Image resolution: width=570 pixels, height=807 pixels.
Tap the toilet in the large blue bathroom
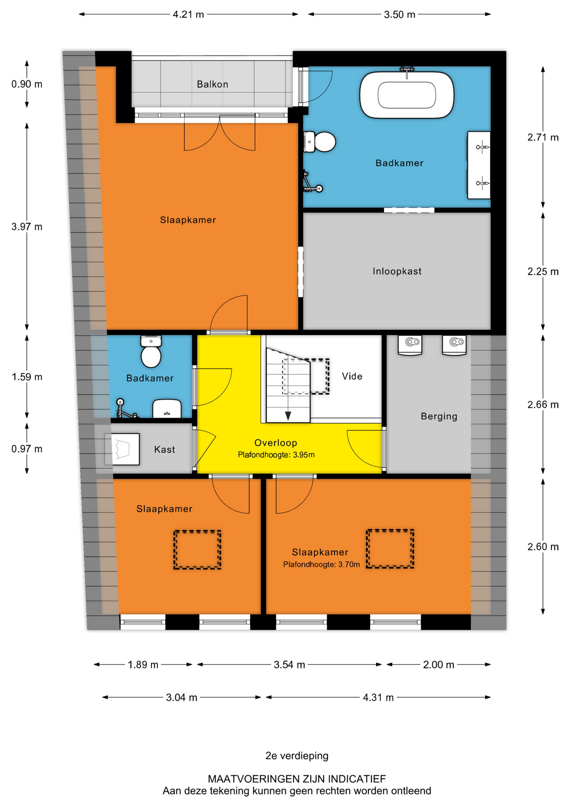320,142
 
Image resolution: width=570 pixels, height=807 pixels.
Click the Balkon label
212,84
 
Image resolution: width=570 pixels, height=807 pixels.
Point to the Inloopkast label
397,271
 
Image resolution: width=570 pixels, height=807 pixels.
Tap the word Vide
352,376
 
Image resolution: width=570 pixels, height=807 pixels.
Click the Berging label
439,416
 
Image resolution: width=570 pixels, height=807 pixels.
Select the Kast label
165,449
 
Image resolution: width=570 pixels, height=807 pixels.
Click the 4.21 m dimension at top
188,14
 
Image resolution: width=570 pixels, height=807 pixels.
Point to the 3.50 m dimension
400,14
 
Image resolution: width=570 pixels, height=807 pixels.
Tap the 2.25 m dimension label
543,272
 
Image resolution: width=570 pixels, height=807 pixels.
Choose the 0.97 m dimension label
27,449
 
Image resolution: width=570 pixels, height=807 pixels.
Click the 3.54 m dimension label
289,665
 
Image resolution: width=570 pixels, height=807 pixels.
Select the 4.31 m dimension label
378,697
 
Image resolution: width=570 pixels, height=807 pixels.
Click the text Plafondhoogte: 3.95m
276,455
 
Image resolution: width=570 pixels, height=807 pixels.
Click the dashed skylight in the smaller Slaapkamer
197,550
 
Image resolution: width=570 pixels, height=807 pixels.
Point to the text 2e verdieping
297,756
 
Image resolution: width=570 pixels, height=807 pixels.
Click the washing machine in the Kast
122,449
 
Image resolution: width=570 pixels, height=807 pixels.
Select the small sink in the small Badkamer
167,409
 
